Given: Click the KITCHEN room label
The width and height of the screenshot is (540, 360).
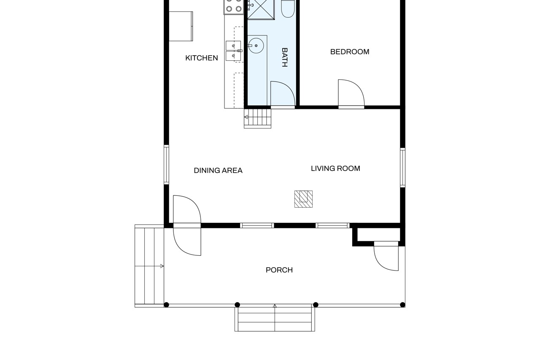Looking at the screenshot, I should click(202, 58).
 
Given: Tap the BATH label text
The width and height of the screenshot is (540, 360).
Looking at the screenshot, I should click(284, 57).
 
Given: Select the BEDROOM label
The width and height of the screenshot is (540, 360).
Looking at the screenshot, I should click(349, 52).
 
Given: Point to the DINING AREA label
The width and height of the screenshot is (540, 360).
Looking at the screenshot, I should click(218, 171).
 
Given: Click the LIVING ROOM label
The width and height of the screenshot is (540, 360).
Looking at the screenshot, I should click(335, 168).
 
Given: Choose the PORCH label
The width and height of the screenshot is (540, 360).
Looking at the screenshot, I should click(279, 270).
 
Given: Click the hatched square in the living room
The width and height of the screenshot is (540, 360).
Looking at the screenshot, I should click(303, 199).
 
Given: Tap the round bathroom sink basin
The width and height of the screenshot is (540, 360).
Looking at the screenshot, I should click(256, 46).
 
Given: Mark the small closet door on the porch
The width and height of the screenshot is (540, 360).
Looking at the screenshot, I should click(386, 257).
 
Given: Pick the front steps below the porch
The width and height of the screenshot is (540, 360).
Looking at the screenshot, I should click(275, 319).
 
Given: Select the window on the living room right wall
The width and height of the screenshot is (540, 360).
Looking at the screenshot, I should click(402, 167).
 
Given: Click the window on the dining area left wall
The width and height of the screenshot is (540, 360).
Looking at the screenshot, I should click(167, 165).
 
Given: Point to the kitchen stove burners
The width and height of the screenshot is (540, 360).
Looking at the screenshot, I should click(234, 5).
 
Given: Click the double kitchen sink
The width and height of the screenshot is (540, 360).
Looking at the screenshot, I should click(233, 51).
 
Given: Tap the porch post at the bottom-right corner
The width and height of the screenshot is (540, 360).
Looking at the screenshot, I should click(402, 305).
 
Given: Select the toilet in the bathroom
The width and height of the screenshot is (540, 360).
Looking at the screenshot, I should click(288, 8).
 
